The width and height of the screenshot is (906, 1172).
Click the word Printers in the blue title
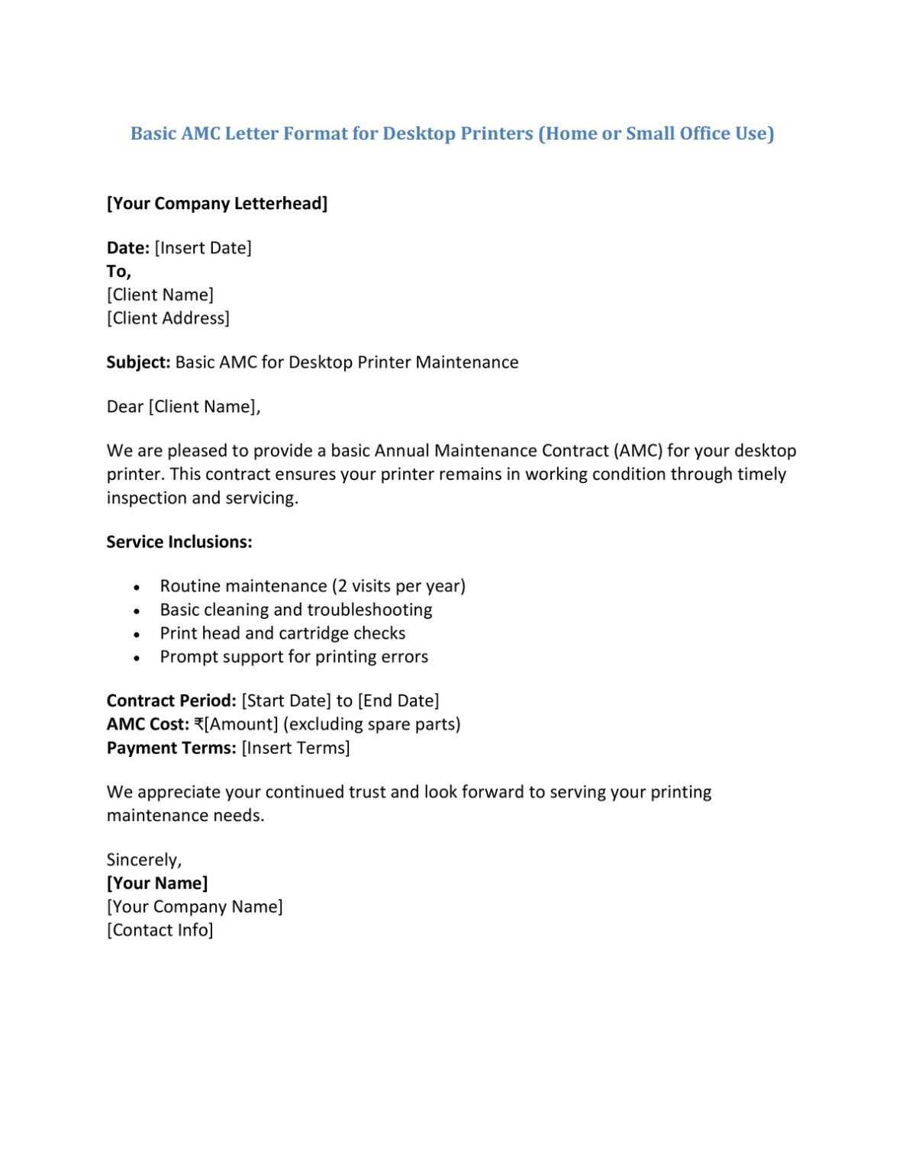coord(498,134)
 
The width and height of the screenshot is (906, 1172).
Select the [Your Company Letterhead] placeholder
coord(217,204)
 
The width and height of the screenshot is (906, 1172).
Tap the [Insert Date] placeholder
coord(203,248)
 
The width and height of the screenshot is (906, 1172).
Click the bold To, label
coord(118,272)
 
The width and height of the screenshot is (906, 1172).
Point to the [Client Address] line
coord(168,318)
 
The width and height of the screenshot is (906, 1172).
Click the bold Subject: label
coord(138,362)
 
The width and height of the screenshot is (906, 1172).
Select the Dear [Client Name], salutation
coord(183,407)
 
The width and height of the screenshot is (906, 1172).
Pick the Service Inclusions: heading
coord(179,543)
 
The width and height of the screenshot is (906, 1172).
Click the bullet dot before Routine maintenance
coord(137,588)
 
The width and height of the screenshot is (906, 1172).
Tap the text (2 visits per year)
coord(398,586)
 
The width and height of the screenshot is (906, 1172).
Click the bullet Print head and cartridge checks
coord(282,633)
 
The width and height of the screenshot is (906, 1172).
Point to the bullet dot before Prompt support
coord(137,658)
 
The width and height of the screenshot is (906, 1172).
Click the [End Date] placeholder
coord(398,701)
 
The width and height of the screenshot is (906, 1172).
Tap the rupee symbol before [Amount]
coord(198,725)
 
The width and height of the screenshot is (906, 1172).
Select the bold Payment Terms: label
coord(171,749)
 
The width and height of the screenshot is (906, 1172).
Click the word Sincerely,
coord(143,860)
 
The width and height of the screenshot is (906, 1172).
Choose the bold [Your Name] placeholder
coord(156,884)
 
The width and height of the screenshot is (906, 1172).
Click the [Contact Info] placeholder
coord(160,930)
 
